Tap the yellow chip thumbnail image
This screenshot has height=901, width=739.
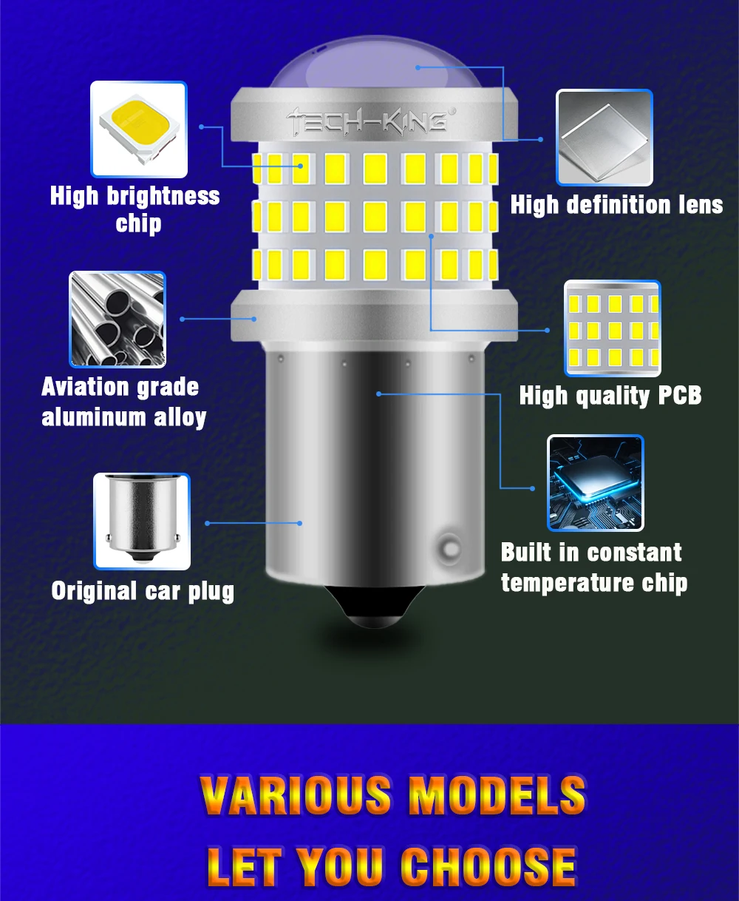[x=138, y=129]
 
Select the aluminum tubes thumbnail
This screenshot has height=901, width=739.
[x=118, y=319]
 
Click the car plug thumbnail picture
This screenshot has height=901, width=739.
[x=141, y=521]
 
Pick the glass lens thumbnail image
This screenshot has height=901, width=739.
[x=604, y=138]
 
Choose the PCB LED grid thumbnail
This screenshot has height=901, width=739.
[x=612, y=328]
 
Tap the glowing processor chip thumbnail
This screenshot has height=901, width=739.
[x=595, y=483]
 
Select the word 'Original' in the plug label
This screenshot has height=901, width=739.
[x=94, y=590]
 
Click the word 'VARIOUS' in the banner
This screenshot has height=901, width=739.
[x=295, y=796]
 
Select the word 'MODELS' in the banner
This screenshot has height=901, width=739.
[x=497, y=796]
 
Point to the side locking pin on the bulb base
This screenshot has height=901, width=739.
[x=449, y=548]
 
